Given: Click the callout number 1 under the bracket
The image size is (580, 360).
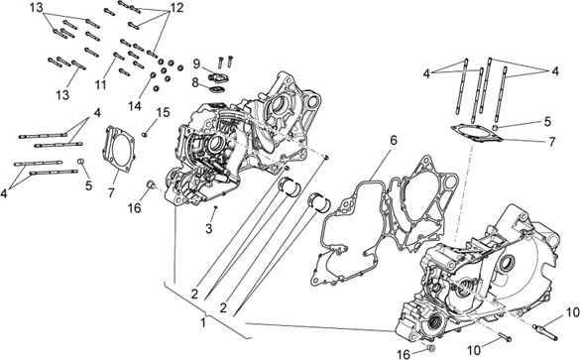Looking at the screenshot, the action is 203,322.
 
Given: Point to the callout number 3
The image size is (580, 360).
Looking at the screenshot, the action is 209,229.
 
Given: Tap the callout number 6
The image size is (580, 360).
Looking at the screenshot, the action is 394,140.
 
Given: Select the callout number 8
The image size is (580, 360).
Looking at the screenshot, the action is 195,83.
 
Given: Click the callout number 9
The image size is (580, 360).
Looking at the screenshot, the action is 196,64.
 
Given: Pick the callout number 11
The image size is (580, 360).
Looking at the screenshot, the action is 100,84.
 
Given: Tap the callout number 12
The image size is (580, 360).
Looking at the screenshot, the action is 176,8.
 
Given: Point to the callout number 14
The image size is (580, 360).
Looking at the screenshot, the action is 135,106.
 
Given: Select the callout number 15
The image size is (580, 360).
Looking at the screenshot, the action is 163,112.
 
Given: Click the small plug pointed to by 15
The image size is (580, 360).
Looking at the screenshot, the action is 145,135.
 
